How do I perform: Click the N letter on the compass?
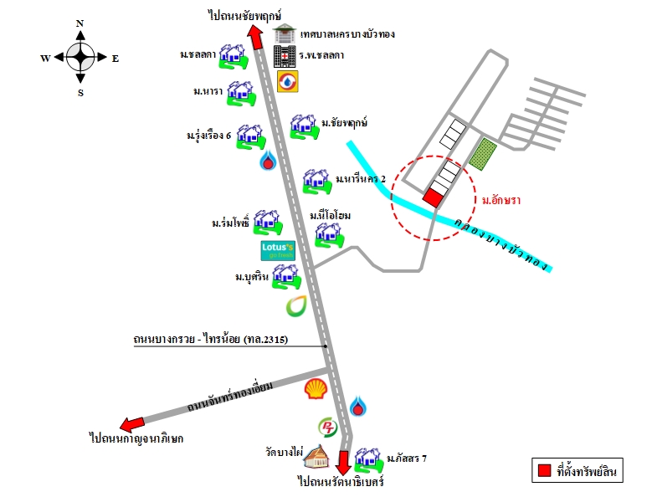80,23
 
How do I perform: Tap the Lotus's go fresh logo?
278,250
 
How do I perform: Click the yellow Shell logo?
316,388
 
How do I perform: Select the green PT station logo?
327,428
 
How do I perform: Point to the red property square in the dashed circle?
433,197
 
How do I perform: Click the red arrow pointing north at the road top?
254,37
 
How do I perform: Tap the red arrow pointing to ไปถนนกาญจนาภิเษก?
132,424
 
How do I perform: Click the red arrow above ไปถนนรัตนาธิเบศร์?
344,463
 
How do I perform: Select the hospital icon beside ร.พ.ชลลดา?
285,56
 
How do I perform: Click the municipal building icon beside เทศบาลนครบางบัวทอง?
285,33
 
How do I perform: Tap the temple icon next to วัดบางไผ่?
316,457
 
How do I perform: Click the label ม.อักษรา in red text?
501,200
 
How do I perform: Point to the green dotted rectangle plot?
483,154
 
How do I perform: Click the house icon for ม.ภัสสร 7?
369,460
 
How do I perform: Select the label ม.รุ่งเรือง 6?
208,136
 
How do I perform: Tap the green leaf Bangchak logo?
296,306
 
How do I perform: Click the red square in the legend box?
544,470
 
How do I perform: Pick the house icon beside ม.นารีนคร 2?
317,182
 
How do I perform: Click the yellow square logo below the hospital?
288,81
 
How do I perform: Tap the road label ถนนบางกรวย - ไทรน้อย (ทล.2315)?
211,339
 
